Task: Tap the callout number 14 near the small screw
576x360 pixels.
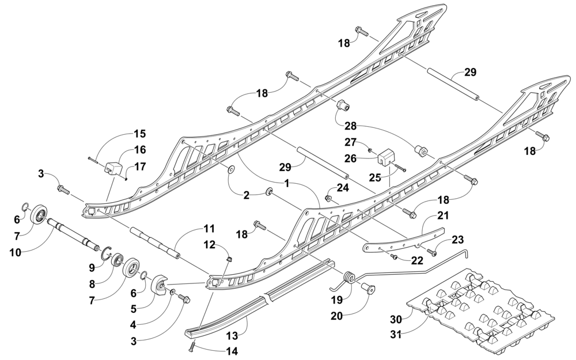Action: (232, 351)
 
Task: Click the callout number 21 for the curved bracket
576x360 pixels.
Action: (443, 215)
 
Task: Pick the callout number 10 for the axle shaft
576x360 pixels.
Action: (16, 252)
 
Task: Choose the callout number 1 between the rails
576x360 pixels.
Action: (287, 183)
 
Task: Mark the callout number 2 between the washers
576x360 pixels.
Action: (246, 195)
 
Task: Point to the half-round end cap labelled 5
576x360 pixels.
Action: (160, 287)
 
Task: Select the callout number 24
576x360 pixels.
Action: (342, 188)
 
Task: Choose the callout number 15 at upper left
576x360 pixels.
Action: (139, 134)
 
